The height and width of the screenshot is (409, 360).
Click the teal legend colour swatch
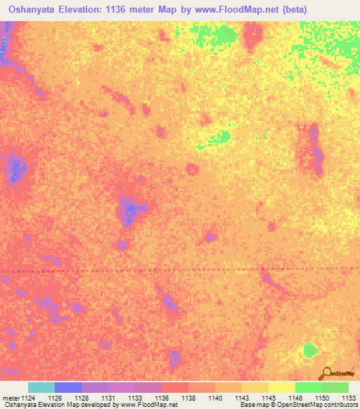point(41,387)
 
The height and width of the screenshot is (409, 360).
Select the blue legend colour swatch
point(67,387)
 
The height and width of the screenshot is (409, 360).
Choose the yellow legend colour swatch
point(281,387)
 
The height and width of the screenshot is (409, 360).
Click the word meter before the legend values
point(11,397)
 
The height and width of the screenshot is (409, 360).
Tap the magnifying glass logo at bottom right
point(326,372)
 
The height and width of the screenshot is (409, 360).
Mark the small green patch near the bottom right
point(309,349)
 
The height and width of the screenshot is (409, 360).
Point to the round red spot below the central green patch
point(191,169)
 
